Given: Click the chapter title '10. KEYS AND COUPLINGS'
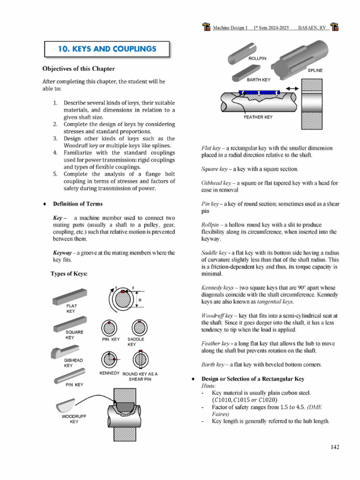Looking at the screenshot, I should [x=107, y=49].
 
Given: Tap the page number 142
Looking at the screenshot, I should [x=335, y=447].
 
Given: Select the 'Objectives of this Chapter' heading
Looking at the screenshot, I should [x=78, y=69].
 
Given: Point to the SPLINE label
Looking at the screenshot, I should [x=315, y=70].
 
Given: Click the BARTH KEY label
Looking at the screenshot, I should [x=259, y=80].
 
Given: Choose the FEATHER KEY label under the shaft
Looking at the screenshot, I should [x=258, y=117].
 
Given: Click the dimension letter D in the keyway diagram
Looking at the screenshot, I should [x=140, y=300].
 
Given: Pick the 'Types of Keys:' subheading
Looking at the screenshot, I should [x=69, y=274].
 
